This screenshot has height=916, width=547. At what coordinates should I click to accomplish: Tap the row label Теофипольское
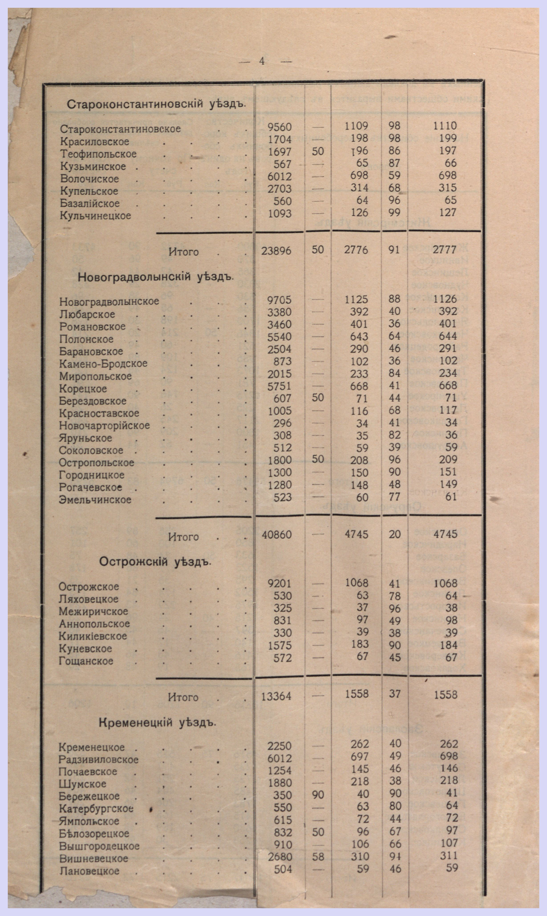click(98, 154)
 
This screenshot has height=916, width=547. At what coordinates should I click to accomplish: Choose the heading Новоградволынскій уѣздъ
click(156, 277)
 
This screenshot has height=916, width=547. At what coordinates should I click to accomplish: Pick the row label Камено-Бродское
click(103, 364)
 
